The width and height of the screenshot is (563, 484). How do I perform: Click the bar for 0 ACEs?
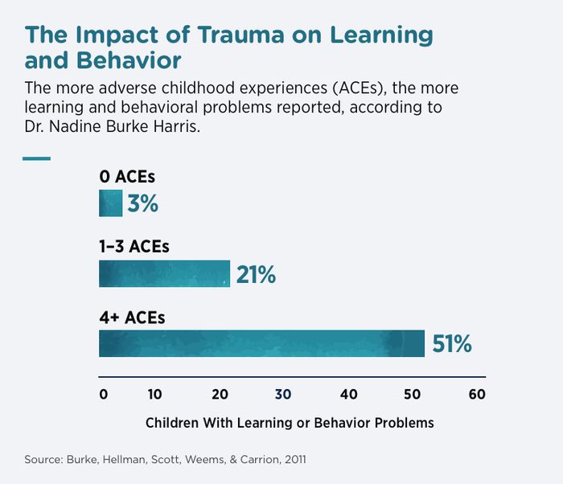(110, 203)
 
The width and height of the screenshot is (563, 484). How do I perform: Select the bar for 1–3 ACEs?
(164, 273)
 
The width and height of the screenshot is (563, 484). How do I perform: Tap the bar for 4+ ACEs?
(261, 343)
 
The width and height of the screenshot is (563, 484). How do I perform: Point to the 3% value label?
(142, 204)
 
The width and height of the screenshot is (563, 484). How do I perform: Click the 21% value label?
(256, 275)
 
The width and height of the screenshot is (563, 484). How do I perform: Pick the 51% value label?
(451, 344)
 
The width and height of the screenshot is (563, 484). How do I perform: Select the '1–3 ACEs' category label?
(134, 247)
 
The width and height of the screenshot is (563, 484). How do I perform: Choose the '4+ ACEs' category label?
(132, 317)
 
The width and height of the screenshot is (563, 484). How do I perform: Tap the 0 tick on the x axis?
(103, 394)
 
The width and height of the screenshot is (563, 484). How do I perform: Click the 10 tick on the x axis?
(155, 394)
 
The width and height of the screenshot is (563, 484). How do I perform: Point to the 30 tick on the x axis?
(283, 394)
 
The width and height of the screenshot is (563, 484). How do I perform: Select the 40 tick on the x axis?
(348, 394)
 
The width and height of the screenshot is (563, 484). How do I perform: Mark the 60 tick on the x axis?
(477, 394)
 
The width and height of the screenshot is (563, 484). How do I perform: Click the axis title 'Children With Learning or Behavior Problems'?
(290, 422)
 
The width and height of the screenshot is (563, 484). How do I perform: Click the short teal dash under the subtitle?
(36, 158)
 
